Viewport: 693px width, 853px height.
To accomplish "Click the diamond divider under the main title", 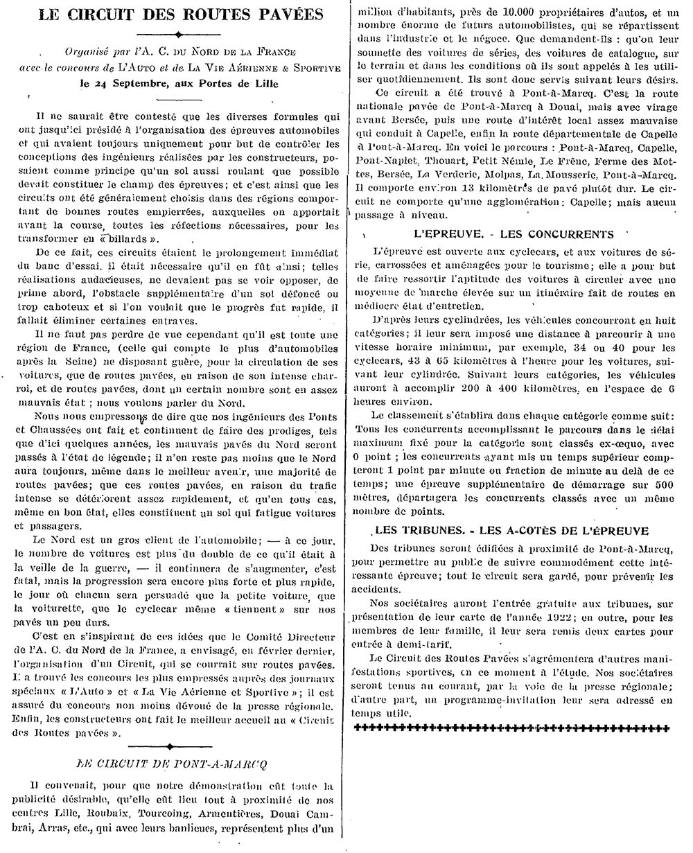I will (179, 34).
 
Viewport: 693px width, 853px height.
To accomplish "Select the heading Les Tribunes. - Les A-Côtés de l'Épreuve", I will (511, 531).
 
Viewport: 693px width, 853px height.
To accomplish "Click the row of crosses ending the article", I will (511, 728).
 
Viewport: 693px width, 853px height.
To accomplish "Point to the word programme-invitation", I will (475, 701).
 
